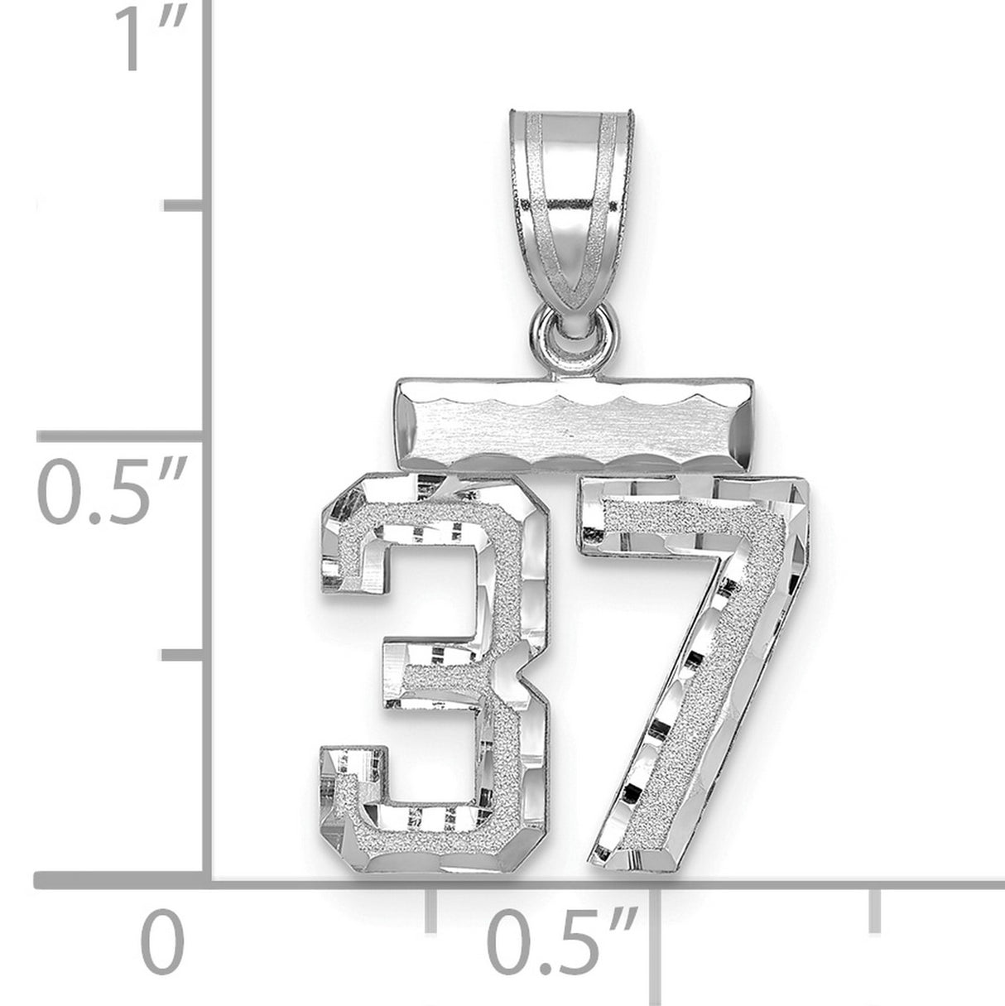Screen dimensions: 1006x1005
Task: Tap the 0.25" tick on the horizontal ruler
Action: click(430, 909)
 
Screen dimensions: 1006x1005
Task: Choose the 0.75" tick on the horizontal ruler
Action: click(875, 909)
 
